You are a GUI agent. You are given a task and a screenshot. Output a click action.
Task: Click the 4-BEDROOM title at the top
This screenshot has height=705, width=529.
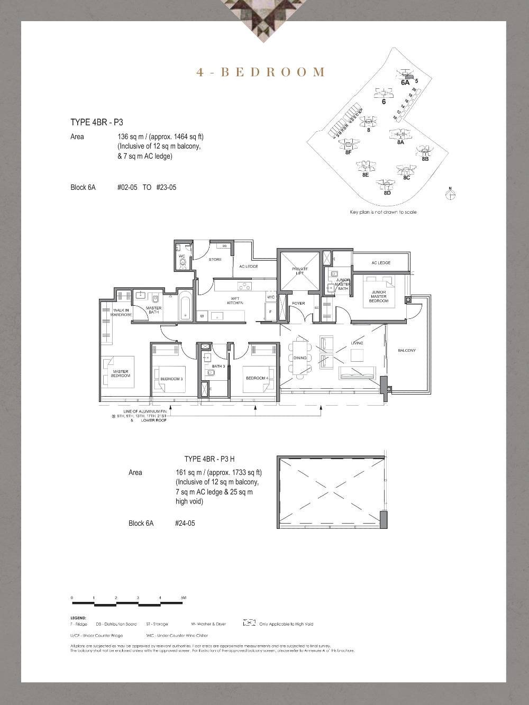(x=260, y=72)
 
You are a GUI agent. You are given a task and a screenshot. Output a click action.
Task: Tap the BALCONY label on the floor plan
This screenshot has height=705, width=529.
(x=407, y=351)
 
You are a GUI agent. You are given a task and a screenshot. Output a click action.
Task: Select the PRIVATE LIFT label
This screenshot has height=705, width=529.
(x=299, y=271)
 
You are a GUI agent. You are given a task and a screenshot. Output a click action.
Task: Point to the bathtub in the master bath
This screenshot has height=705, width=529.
(x=186, y=305)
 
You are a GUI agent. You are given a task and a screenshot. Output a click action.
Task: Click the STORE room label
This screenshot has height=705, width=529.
(x=215, y=259)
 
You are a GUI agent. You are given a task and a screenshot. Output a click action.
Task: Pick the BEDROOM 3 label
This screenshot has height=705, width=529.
(x=171, y=379)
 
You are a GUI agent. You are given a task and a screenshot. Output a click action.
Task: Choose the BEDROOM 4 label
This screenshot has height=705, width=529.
(x=257, y=378)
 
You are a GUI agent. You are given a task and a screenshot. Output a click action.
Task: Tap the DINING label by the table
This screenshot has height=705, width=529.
(x=299, y=358)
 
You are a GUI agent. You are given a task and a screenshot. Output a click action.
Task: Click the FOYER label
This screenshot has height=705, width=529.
(x=298, y=304)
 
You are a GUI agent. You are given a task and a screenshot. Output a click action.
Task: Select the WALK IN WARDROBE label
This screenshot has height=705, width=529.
(x=121, y=312)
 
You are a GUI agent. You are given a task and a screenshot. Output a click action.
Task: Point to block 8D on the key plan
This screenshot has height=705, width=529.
(x=387, y=193)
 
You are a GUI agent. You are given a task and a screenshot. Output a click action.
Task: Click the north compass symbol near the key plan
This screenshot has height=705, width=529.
(x=450, y=194)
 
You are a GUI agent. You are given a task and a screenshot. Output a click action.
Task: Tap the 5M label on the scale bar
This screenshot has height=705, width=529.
(x=184, y=598)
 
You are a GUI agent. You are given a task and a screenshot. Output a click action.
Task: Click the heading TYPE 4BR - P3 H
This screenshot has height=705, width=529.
(x=212, y=459)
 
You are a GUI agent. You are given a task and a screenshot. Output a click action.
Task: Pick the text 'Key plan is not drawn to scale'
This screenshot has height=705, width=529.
(x=383, y=212)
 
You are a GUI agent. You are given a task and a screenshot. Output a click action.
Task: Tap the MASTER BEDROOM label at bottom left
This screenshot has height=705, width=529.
(x=121, y=373)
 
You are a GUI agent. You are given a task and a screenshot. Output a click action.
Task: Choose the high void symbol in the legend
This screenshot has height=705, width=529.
(x=249, y=624)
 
